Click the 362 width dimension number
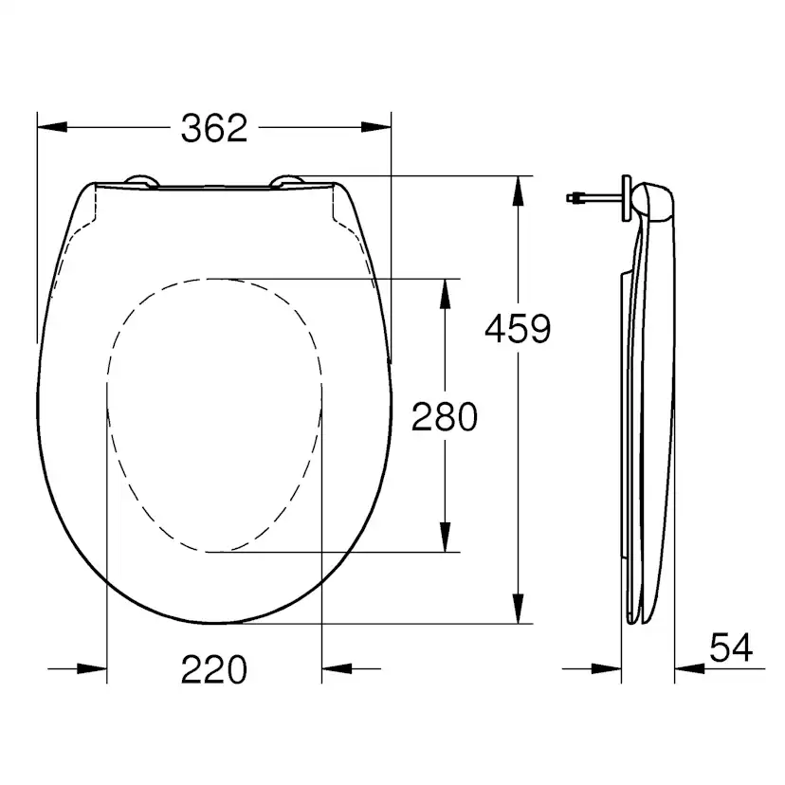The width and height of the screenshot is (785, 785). (x=213, y=127)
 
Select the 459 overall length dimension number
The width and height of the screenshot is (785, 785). (x=517, y=329)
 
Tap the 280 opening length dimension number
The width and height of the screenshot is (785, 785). (x=444, y=415)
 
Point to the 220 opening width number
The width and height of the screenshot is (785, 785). (x=213, y=670)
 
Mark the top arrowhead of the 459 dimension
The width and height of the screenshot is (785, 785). (x=518, y=190)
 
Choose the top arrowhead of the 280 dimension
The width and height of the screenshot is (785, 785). (x=444, y=292)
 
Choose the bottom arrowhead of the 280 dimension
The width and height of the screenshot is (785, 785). (x=444, y=538)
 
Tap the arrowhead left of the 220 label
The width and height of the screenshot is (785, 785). (x=93, y=668)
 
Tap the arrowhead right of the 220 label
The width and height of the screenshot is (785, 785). (x=336, y=668)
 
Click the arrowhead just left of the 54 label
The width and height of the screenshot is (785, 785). (x=686, y=668)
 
